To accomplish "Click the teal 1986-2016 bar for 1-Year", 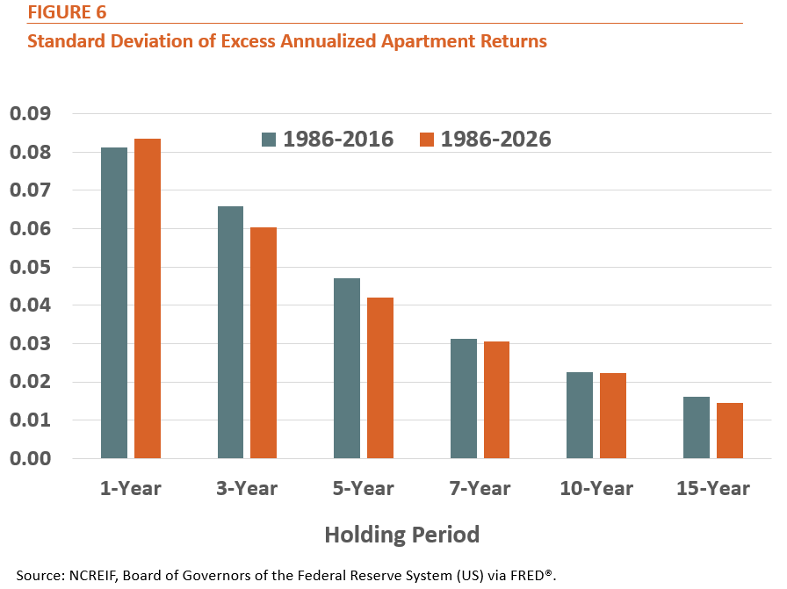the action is pos(114,303).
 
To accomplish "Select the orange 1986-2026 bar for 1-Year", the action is pos(148,298).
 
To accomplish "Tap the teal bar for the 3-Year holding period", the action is pos(230,332).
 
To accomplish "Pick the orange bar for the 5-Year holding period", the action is pos(380,377).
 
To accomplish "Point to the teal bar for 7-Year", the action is pos(464,399).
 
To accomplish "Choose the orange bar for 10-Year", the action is pos(613,416).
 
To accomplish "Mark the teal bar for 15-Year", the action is pos(697,427).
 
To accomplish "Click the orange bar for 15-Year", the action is pos(730,430).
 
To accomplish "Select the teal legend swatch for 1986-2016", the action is pos(269,140).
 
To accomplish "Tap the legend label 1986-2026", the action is pos(496,139).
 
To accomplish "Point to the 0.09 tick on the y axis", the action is pos(30,113).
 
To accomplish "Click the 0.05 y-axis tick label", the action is pos(30,267).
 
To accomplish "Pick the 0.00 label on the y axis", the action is pos(30,458).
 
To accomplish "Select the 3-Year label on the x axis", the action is pos(247,488).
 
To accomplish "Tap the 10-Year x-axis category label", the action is pos(596,488).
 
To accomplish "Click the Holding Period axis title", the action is pos(402,535).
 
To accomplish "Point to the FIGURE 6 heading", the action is pos(67,12).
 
